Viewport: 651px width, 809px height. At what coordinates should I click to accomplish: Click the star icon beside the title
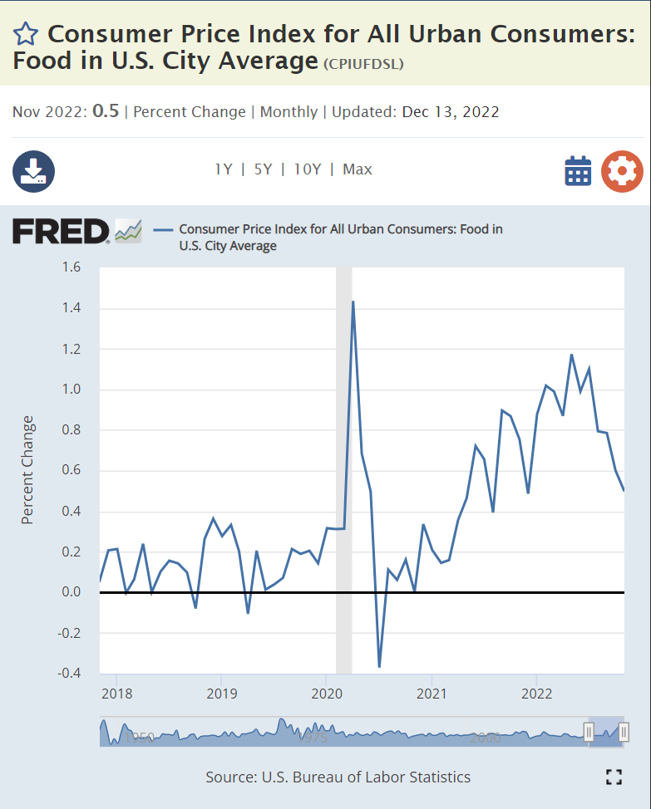pos(26,34)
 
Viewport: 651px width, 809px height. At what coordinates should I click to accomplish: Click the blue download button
pos(33,171)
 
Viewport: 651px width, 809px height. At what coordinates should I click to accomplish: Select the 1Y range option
pos(223,169)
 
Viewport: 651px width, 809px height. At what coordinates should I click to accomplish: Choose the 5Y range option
pos(263,169)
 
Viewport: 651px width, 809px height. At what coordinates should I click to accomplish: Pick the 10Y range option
pos(307,169)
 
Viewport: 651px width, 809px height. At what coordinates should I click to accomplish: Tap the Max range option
pos(358,169)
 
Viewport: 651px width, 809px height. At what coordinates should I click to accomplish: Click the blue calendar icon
pos(578,171)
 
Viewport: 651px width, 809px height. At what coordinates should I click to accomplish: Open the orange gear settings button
pos(622,171)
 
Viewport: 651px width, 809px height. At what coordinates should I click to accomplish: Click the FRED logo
pos(61,231)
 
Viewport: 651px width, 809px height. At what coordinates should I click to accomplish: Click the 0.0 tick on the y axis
pos(72,592)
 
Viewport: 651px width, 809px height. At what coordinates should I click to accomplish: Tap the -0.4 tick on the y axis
pos(70,674)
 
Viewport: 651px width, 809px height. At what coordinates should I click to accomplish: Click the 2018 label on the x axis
pos(116,693)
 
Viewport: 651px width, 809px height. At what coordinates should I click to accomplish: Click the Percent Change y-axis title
pos(28,469)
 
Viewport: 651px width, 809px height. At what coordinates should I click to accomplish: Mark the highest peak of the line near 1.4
pos(353,302)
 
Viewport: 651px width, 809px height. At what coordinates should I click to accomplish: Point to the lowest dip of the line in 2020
pos(379,666)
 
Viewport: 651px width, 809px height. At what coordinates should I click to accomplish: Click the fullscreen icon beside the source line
pos(614,777)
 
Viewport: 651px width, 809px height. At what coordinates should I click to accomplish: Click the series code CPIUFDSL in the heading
pos(362,64)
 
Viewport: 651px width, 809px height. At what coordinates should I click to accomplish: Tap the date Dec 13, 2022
pos(451,111)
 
